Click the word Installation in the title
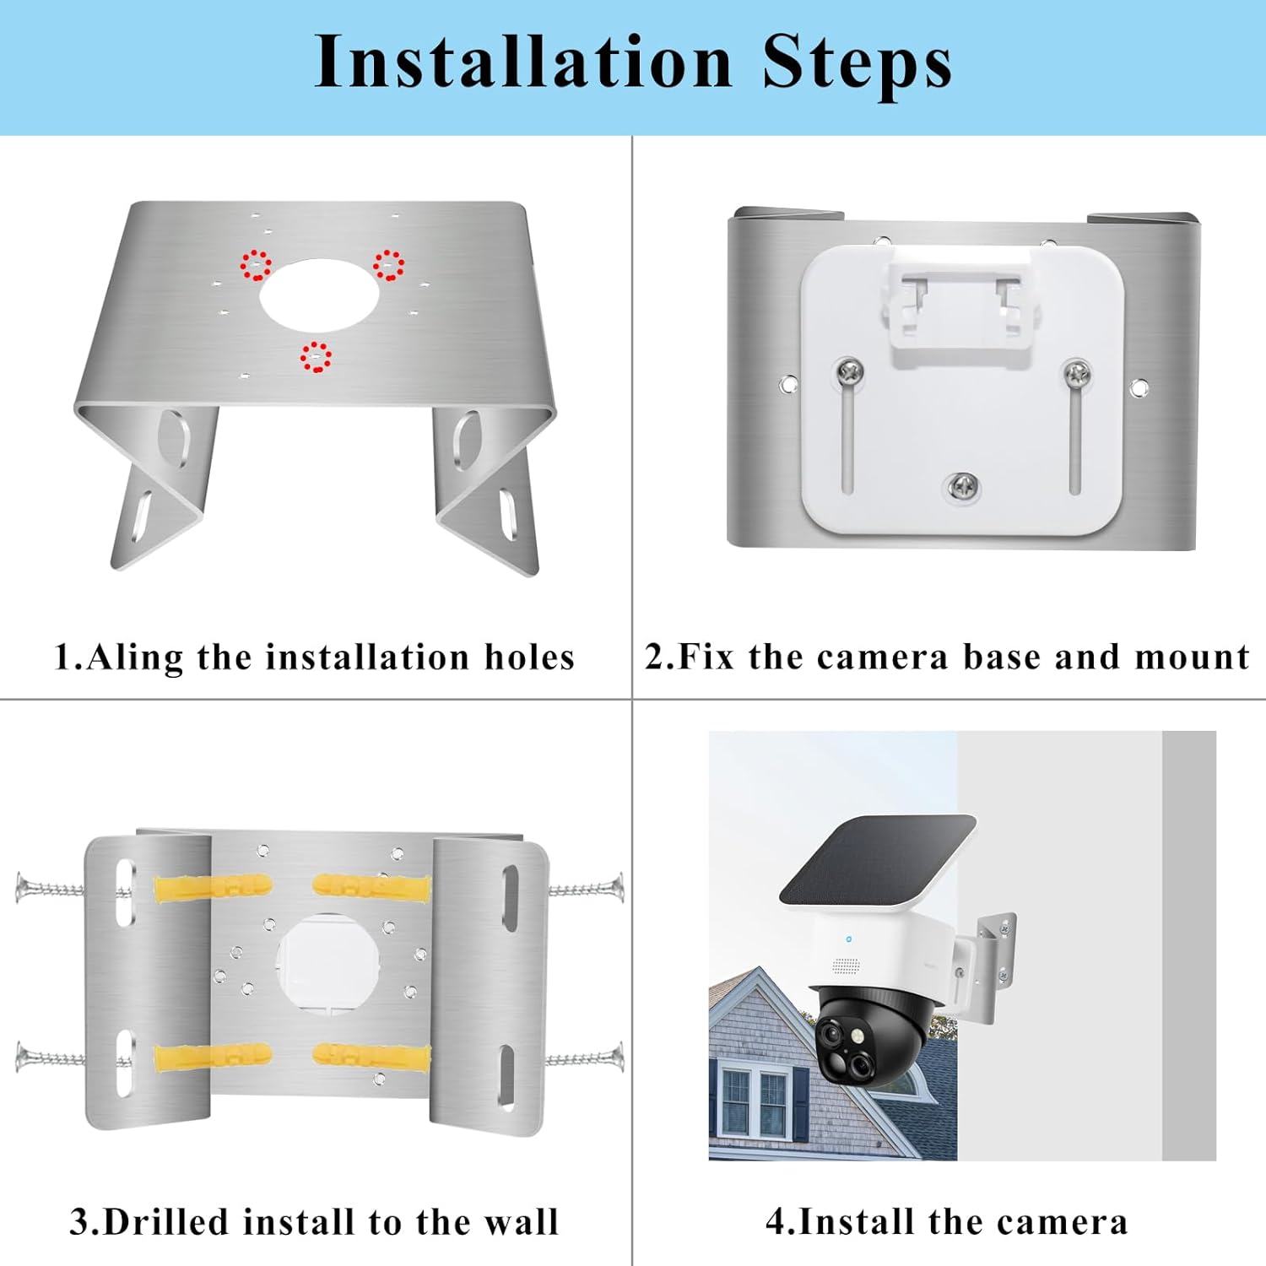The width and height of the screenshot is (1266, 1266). click(522, 62)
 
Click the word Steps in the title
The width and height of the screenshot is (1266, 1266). click(857, 62)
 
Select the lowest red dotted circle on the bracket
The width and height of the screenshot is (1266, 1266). click(316, 357)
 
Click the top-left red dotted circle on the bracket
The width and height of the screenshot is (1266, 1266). click(256, 265)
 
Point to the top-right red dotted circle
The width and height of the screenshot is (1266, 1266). click(388, 265)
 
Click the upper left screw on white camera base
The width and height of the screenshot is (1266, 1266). click(849, 371)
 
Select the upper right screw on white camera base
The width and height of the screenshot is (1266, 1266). click(1076, 371)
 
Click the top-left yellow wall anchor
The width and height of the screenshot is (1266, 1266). click(213, 887)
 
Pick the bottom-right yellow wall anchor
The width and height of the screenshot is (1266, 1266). click(371, 1055)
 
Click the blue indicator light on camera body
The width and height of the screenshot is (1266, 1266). click(849, 939)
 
